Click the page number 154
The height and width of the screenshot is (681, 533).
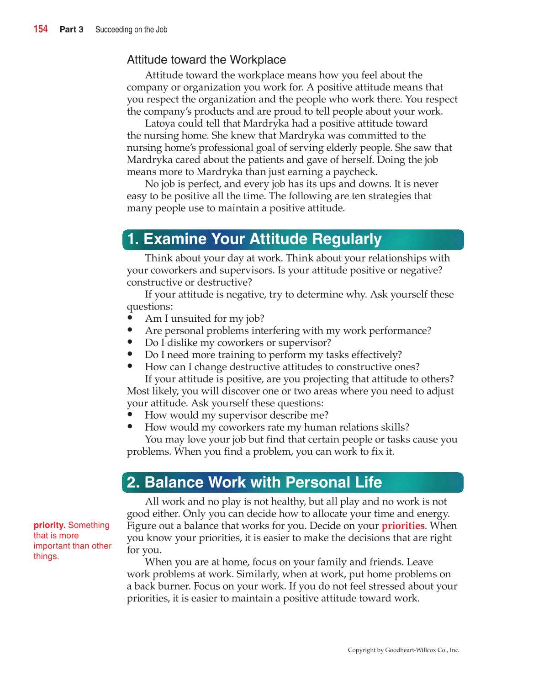point(41,29)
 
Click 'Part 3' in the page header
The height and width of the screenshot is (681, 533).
point(71,30)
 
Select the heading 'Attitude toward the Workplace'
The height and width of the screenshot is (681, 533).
point(206,60)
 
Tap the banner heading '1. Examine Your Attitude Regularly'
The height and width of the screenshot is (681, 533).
point(254,239)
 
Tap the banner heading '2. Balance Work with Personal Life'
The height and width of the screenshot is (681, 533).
point(254,483)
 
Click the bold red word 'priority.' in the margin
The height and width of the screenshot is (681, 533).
point(50,526)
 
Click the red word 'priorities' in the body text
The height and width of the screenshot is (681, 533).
point(403,526)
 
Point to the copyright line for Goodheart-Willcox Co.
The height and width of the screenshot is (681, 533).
point(403,650)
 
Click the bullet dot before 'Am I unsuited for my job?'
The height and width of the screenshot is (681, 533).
point(130,318)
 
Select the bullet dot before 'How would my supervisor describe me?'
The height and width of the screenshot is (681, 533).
point(130,415)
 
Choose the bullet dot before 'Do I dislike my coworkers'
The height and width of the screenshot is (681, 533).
point(130,342)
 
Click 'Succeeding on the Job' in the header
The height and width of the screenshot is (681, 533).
point(131,30)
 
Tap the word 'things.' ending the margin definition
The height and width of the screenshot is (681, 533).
point(46,556)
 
